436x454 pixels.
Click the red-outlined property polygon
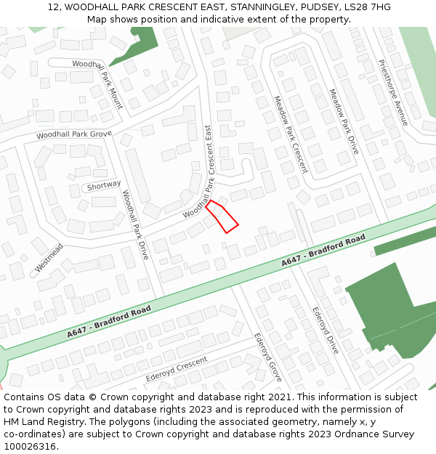tap(222, 217)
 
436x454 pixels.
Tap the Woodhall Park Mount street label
tap(97, 85)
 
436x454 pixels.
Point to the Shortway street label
tap(103, 185)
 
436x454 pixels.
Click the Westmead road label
tap(49, 259)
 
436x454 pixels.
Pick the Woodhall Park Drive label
tap(135, 226)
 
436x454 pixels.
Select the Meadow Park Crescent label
tap(291, 134)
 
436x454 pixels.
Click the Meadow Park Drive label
tap(344, 122)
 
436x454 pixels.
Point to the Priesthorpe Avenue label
tap(393, 92)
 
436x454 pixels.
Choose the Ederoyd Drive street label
tap(325, 330)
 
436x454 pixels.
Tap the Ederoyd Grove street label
tap(267, 357)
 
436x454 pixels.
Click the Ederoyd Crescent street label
tap(177, 369)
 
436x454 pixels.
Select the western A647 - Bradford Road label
tap(109, 321)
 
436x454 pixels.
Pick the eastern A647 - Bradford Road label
tap(323, 251)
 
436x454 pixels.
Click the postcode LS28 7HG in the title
tap(367, 7)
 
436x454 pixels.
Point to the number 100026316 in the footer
tap(30, 446)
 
